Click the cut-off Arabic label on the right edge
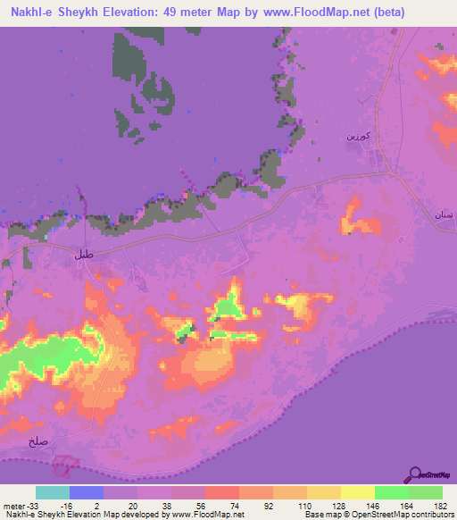pos(445,215)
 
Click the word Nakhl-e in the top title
pos(30,13)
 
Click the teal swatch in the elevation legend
pos(53,492)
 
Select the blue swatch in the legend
pos(87,492)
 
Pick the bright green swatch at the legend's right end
pos(426,492)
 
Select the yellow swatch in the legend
pos(358,492)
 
